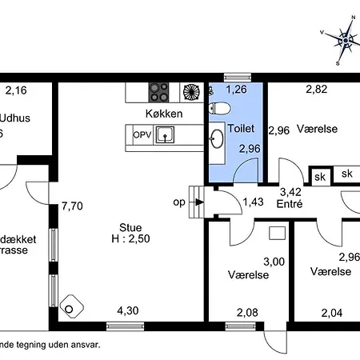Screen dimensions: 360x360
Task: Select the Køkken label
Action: click(x=164, y=114)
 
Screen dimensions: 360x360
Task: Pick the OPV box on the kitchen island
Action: click(x=142, y=135)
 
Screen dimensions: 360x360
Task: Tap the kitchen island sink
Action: click(x=166, y=136)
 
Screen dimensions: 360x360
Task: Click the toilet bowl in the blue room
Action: click(x=220, y=107)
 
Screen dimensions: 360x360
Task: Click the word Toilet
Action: click(x=241, y=128)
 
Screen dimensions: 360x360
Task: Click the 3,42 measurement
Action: click(x=290, y=192)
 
